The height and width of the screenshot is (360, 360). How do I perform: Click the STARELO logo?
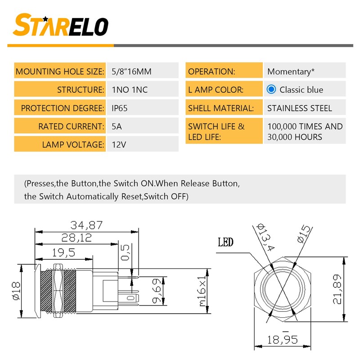click(x=61, y=25)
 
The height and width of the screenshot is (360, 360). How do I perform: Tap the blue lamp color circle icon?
click(x=271, y=89)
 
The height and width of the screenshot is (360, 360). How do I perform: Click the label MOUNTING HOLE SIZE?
click(x=60, y=71)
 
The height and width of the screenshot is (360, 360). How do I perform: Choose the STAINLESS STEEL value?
click(x=300, y=108)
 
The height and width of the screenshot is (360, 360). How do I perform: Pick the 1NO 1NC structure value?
click(x=130, y=90)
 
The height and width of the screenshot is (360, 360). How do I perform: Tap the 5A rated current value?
click(x=117, y=126)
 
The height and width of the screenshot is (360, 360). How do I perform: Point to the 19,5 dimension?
click(x=64, y=252)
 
